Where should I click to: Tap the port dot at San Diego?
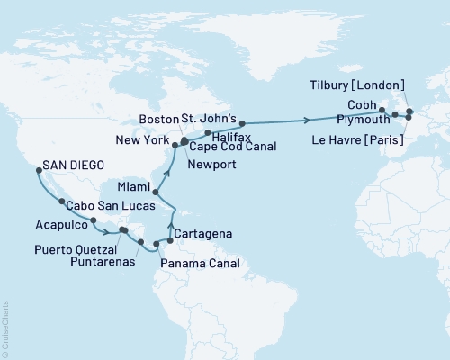[x=35, y=166]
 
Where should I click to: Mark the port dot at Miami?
[x=155, y=193]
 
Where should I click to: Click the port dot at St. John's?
[x=242, y=122]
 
